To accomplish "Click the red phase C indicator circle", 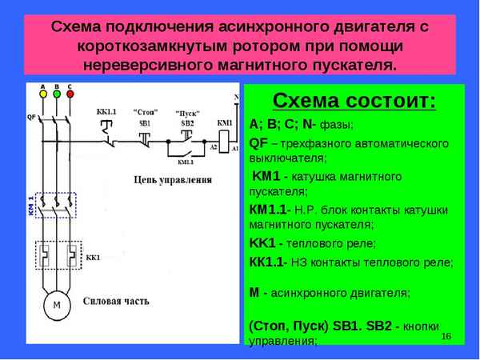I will (70, 94).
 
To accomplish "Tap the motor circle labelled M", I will (56, 306).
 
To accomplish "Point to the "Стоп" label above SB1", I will (146, 111).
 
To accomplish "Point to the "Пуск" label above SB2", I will (189, 114).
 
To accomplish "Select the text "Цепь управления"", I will (174, 181).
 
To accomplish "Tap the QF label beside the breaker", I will (32, 117).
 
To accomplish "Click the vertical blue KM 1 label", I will (30, 205).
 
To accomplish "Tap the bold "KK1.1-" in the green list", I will (270, 261).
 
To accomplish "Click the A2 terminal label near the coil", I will (214, 146).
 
